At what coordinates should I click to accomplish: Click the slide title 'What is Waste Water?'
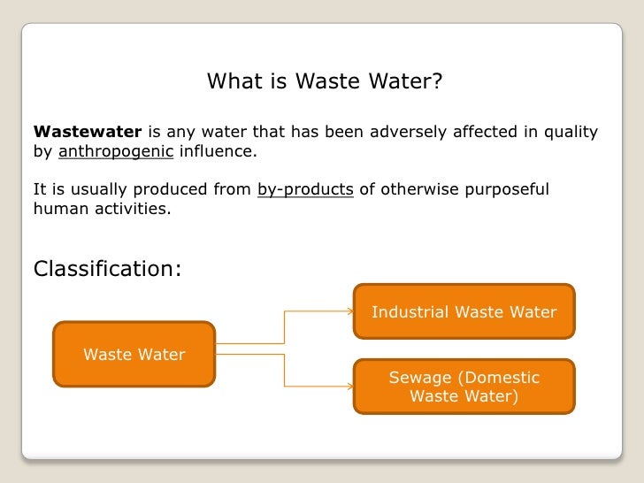pos(324,82)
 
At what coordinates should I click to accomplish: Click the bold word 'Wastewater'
pos(87,133)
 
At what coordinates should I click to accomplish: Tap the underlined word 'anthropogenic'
pos(116,151)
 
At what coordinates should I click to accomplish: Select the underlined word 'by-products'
pos(306,189)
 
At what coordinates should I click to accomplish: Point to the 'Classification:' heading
pos(107,268)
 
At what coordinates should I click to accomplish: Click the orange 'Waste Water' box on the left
pos(134,354)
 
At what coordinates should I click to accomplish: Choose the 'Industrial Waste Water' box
pos(464,311)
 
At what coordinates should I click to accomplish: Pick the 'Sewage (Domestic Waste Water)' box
pos(464,387)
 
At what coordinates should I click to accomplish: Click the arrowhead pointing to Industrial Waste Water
pos(349,311)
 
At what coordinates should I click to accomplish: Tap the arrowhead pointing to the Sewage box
pos(349,386)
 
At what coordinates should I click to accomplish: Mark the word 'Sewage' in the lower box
pos(418,378)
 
